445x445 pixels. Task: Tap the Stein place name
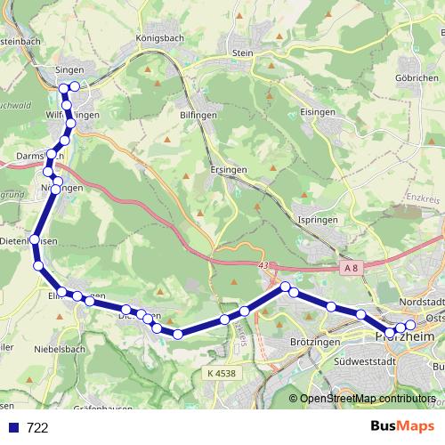pyautogui.click(x=242, y=53)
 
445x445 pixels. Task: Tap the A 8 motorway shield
pyautogui.click(x=352, y=267)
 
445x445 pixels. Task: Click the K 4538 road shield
pyautogui.click(x=219, y=374)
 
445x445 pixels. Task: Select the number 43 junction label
pyautogui.click(x=262, y=264)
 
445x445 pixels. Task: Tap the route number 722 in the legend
pyautogui.click(x=37, y=428)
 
